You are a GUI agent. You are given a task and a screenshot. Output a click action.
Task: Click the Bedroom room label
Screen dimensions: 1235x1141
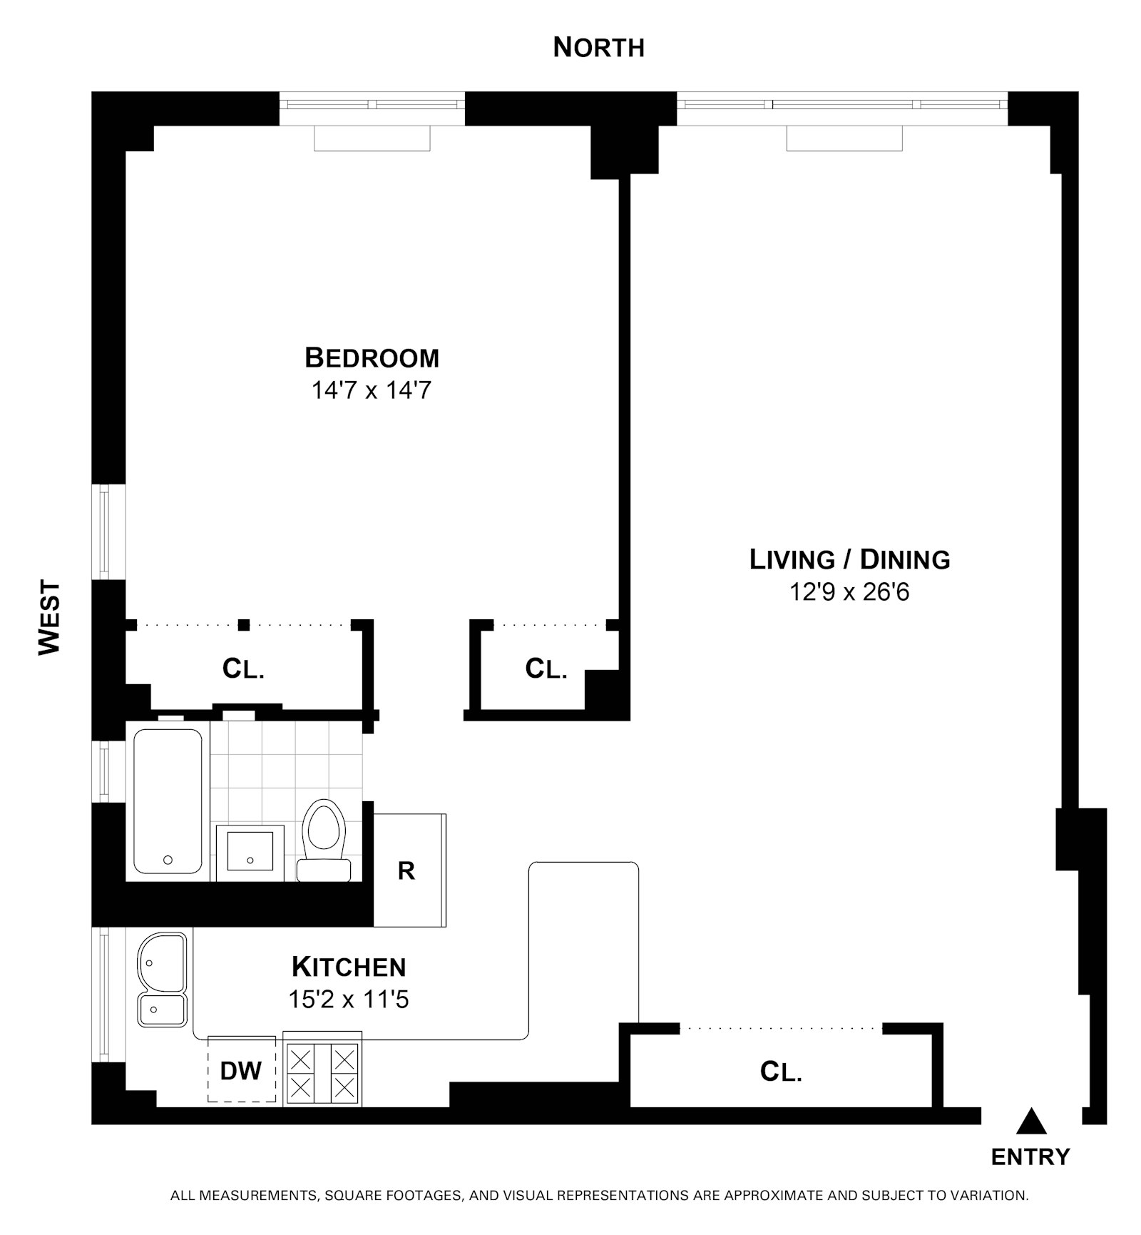[x=372, y=357]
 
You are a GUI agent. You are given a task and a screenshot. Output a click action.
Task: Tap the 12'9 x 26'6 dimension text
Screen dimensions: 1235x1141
[x=849, y=592]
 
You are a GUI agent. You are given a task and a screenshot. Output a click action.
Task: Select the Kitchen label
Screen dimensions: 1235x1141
[x=349, y=967]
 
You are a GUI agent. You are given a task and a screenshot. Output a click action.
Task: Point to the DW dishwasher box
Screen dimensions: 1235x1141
[x=241, y=1070]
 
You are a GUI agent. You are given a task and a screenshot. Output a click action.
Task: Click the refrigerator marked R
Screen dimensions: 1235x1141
[x=409, y=870]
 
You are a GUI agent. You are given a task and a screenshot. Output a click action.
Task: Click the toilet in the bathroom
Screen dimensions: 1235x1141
[x=324, y=840]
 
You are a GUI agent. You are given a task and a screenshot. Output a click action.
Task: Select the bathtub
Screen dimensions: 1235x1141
[x=168, y=801]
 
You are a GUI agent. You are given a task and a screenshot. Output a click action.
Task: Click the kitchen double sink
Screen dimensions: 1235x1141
[x=162, y=979]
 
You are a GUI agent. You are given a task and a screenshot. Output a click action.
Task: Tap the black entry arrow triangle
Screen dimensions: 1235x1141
[x=1030, y=1122]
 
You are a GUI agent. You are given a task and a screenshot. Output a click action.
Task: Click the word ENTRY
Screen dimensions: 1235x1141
[x=1030, y=1157]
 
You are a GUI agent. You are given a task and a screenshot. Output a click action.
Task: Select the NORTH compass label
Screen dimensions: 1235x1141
[x=598, y=48]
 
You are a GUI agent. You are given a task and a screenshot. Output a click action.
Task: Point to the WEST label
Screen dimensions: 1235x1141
[x=50, y=617]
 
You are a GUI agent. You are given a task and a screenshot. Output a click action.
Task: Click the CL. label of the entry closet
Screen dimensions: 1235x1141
[x=781, y=1072]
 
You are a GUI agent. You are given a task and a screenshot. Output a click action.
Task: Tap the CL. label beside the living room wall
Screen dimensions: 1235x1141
[x=546, y=669]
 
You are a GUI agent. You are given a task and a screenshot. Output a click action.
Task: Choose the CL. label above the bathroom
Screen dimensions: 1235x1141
[x=243, y=669]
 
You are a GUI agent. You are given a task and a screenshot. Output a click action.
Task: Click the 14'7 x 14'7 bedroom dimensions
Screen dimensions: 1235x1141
[x=371, y=390]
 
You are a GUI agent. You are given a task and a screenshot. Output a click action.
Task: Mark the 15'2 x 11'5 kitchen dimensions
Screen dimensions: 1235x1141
[x=348, y=1000]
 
